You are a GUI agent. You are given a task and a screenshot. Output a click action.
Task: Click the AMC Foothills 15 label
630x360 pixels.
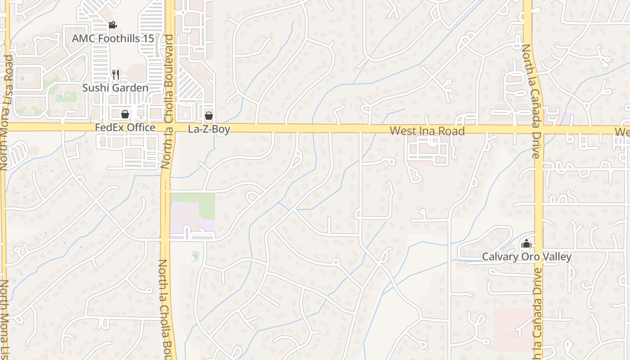113,38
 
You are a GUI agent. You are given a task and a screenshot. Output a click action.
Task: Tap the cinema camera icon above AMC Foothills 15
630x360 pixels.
113,25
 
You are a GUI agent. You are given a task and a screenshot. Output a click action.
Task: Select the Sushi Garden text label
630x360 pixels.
115,88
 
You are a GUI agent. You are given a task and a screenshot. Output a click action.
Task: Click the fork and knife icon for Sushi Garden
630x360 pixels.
116,74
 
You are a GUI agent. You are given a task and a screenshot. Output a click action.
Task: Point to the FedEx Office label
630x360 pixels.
125,128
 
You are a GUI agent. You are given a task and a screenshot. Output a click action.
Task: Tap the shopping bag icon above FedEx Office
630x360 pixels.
125,115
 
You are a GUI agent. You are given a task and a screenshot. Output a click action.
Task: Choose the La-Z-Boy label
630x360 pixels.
209,130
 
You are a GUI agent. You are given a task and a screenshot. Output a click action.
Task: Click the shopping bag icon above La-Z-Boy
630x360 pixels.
209,116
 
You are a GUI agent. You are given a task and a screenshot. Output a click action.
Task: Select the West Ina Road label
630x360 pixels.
427,131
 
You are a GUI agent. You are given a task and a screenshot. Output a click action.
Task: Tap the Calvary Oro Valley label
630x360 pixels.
526,257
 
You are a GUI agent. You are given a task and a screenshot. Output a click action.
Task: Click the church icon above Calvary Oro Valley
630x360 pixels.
526,244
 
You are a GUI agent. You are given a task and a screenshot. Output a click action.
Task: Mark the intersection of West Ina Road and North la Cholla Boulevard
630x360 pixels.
168,127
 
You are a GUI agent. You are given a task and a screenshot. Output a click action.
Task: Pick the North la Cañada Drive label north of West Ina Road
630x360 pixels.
530,101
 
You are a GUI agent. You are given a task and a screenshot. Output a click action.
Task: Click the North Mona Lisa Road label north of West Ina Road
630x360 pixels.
7,112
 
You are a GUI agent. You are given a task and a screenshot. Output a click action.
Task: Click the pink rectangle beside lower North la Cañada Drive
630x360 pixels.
513,328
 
